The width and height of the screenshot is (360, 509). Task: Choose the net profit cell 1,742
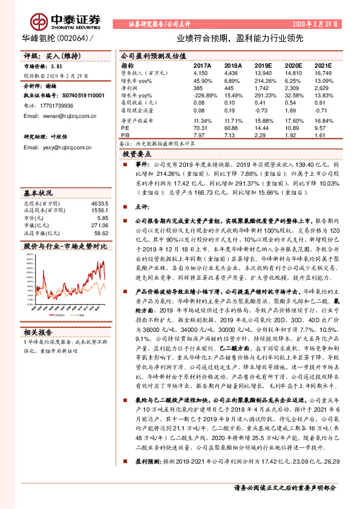[262, 88]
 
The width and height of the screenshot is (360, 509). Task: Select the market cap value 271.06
[99, 225]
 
